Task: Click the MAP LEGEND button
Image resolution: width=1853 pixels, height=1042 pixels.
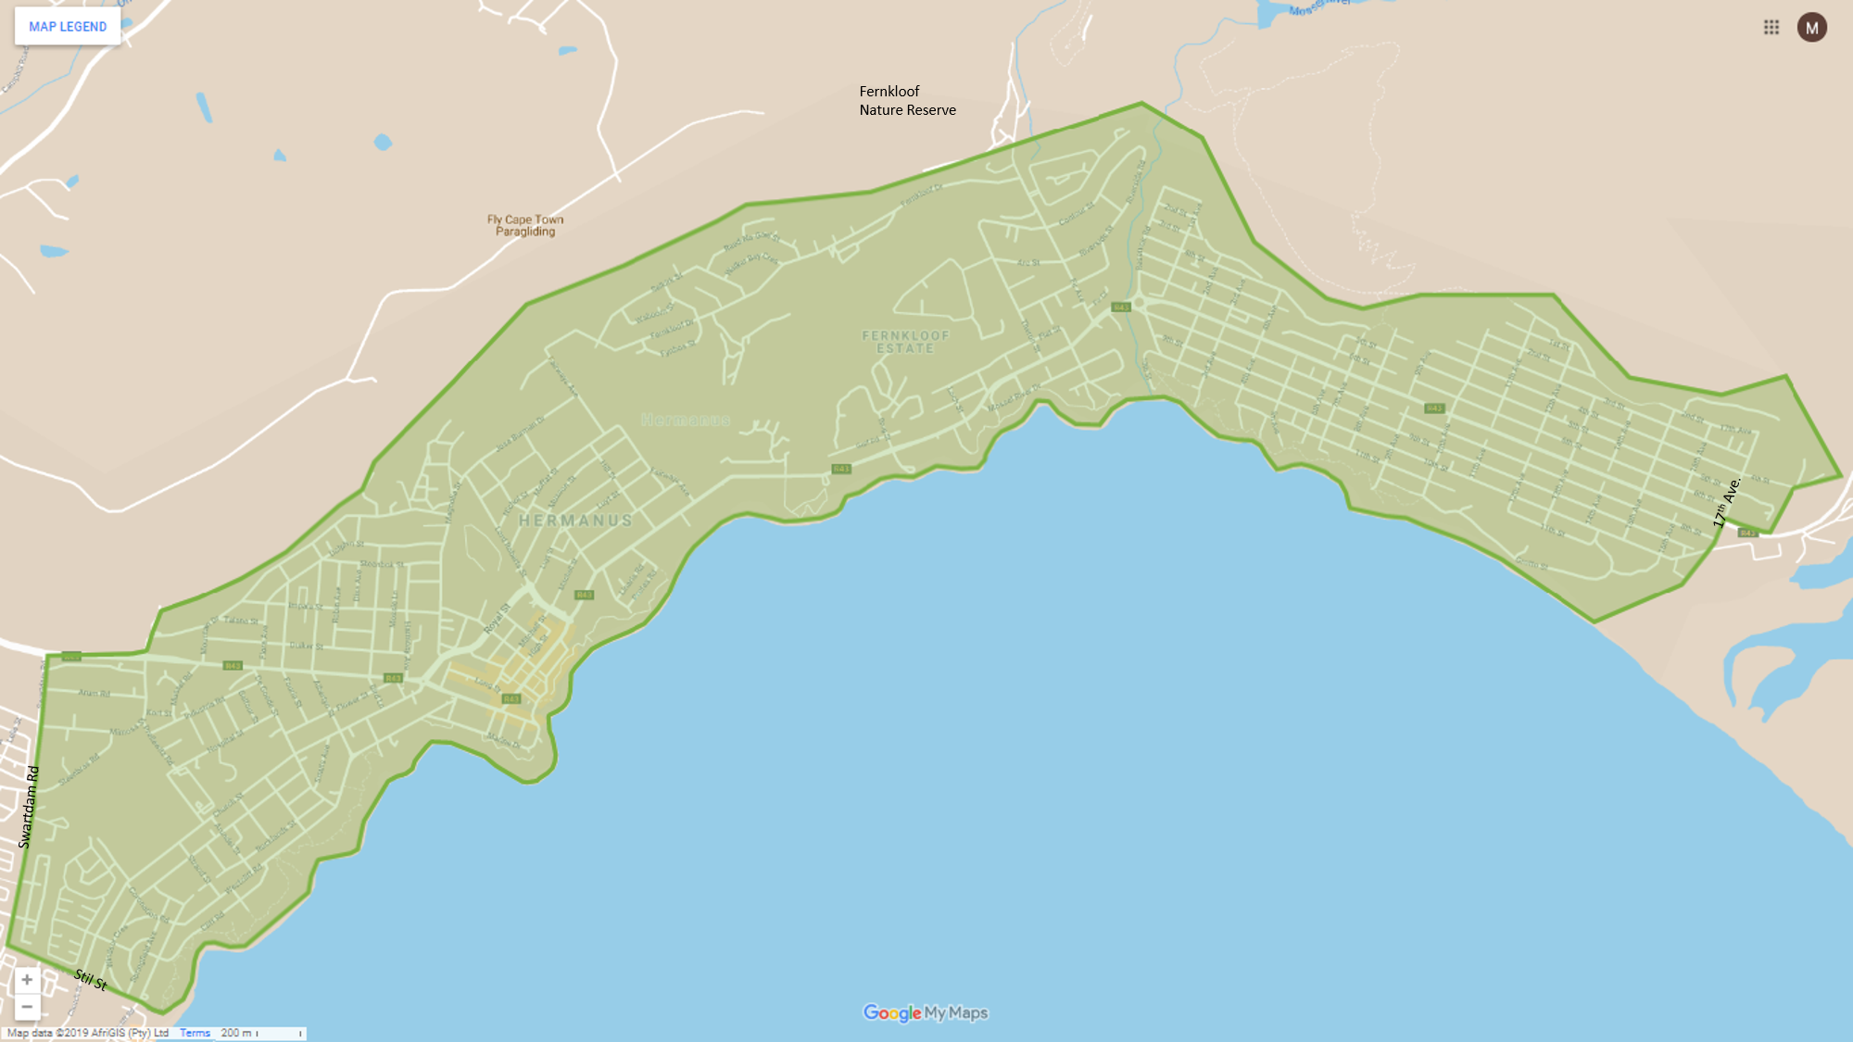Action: click(x=68, y=27)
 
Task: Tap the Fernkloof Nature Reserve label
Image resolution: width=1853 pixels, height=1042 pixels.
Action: click(x=906, y=100)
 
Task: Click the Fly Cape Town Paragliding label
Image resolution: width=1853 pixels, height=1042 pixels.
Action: click(x=525, y=225)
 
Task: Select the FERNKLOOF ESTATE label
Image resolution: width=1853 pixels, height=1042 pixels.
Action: click(x=905, y=342)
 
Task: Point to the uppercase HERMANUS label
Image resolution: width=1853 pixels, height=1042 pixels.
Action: click(x=575, y=521)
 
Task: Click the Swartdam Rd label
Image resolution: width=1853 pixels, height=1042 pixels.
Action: click(x=29, y=807)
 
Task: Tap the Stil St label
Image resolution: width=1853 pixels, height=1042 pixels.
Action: click(x=91, y=979)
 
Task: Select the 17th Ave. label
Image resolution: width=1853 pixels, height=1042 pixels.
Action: click(x=1726, y=503)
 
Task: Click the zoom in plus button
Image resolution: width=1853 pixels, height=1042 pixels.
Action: click(x=27, y=980)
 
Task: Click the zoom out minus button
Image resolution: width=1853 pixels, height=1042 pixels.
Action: click(x=27, y=1007)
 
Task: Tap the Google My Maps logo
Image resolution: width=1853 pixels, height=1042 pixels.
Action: click(x=926, y=1012)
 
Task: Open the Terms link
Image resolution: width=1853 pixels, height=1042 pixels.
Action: click(x=195, y=1033)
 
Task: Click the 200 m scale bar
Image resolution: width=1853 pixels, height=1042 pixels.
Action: click(x=261, y=1033)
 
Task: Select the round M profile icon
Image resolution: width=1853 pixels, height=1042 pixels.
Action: click(x=1811, y=28)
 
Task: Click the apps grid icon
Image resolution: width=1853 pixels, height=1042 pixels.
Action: click(x=1771, y=28)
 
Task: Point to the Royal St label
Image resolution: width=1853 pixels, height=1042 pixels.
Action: click(x=497, y=619)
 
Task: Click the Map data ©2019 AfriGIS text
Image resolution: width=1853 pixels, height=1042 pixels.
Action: click(x=88, y=1033)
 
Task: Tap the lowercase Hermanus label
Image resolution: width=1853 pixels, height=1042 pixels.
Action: click(x=685, y=421)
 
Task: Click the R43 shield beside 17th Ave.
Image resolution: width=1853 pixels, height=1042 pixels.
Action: click(x=1746, y=534)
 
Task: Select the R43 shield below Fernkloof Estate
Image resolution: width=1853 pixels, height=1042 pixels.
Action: click(x=840, y=469)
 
